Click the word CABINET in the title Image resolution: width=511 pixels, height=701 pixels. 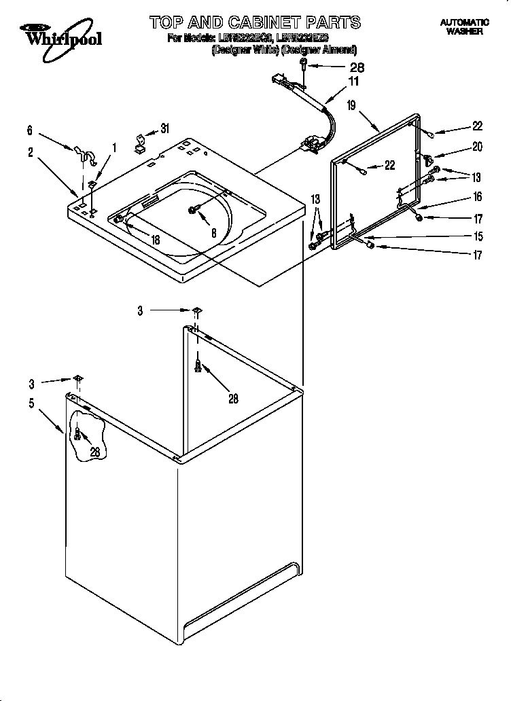pos(258,22)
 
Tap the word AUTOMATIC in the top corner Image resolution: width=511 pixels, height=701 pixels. pos(464,22)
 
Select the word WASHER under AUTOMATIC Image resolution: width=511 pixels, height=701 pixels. pos(464,31)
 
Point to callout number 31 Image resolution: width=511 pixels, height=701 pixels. pos(164,129)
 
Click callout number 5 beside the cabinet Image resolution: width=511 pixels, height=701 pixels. pos(31,403)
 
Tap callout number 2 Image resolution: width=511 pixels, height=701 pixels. pos(31,153)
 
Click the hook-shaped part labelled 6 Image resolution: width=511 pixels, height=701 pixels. pos(82,154)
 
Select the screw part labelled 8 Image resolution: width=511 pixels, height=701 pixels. pos(194,211)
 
